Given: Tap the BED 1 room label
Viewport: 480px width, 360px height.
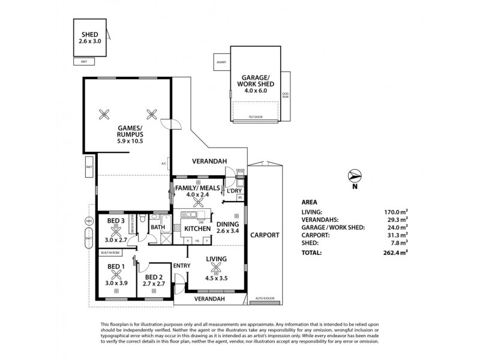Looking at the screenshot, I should click(x=115, y=266).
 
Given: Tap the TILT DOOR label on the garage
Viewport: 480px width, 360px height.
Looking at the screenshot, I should click(x=256, y=118).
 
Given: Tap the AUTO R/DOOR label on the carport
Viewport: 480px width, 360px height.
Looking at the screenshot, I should click(x=264, y=298).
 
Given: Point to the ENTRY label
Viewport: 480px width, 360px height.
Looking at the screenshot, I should click(x=181, y=265).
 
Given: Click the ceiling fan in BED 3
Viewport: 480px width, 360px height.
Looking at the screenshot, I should click(x=115, y=230).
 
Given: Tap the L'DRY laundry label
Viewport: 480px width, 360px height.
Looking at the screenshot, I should click(x=234, y=190).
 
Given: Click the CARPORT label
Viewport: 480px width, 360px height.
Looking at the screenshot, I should click(x=265, y=235).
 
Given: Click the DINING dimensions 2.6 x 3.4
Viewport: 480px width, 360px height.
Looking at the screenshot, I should click(x=228, y=230).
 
